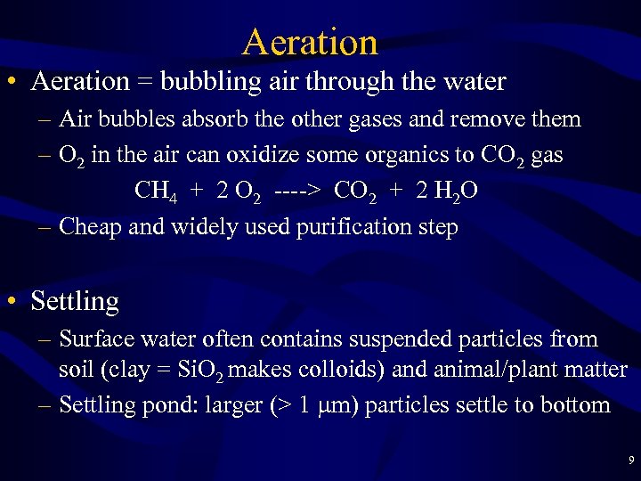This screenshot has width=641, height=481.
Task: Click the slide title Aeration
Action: click(310, 42)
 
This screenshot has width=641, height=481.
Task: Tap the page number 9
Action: click(631, 461)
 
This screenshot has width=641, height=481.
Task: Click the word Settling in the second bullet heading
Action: click(75, 301)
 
